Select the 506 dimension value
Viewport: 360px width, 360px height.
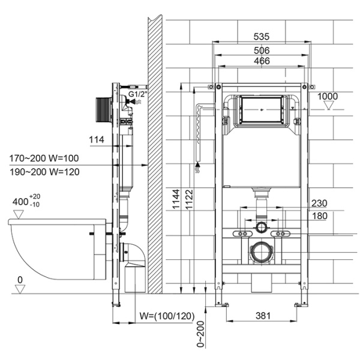click(x=261, y=50)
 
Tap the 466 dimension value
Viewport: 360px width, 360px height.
click(x=261, y=61)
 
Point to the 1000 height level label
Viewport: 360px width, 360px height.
click(x=328, y=96)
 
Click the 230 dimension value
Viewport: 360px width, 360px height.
click(x=319, y=203)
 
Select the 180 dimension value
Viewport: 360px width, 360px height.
click(x=319, y=215)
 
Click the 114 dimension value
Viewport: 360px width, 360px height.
click(x=97, y=140)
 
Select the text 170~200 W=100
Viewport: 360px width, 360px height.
click(x=43, y=159)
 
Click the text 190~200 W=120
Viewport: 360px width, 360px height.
click(x=43, y=172)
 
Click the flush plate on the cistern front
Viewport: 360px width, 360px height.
click(x=261, y=110)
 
